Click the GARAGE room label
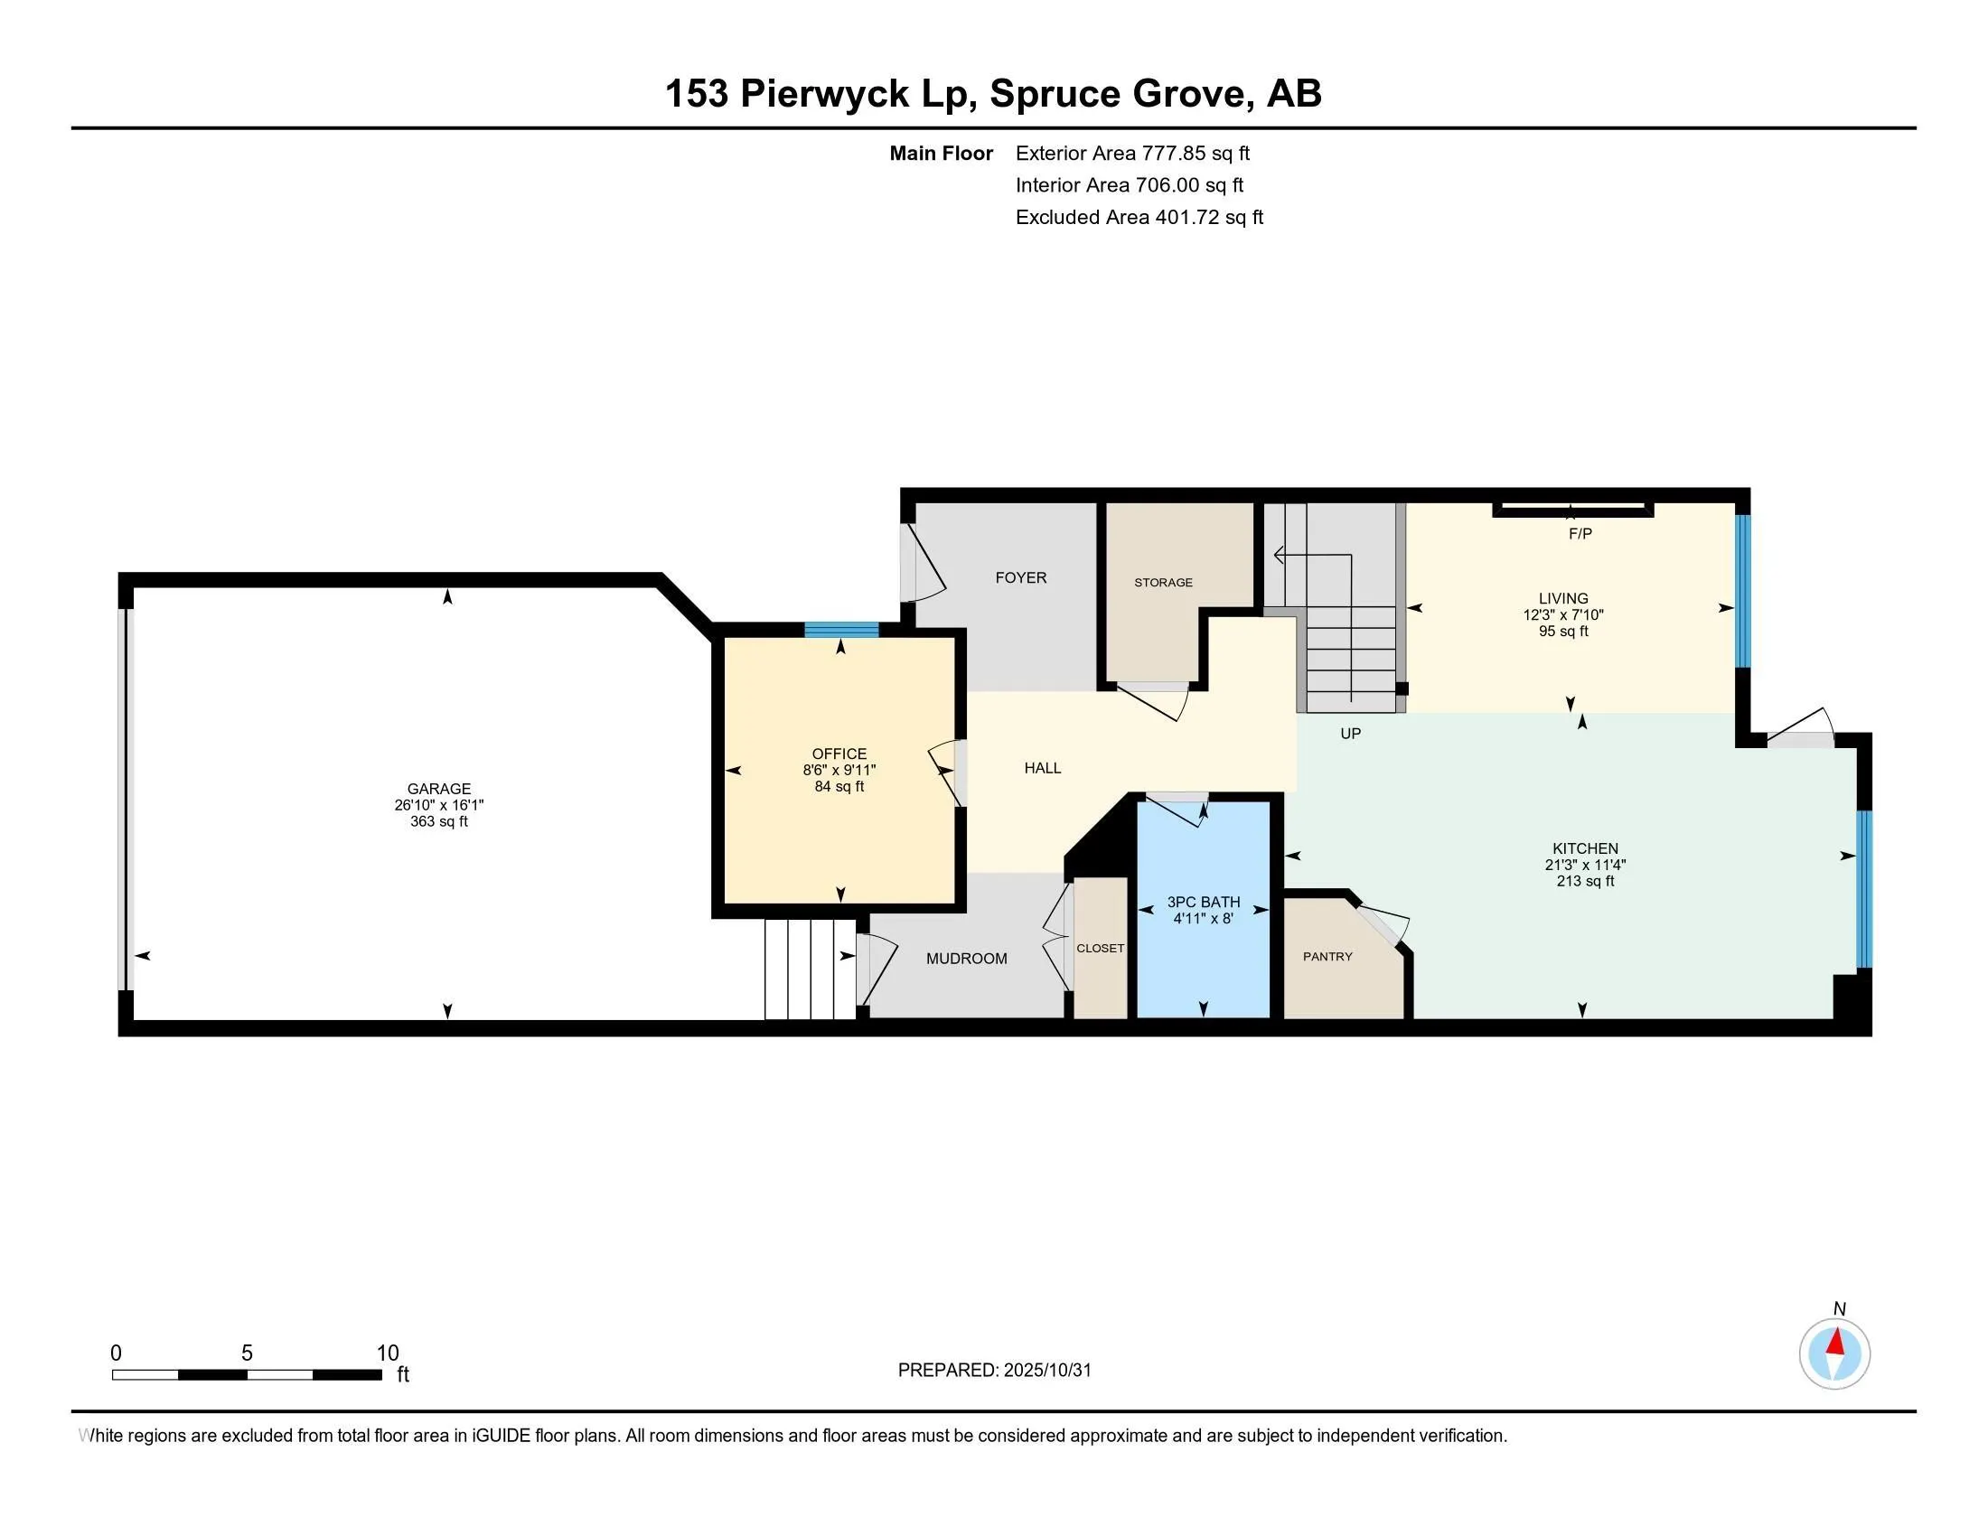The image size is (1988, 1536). click(439, 789)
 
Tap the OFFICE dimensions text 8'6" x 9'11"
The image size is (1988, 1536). click(839, 770)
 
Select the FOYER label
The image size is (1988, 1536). click(1020, 578)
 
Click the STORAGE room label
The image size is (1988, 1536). click(1162, 583)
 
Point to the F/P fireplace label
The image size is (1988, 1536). click(1580, 534)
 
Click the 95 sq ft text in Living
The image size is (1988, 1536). click(1563, 632)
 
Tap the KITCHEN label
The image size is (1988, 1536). click(1585, 848)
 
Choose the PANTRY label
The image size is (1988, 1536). click(1327, 956)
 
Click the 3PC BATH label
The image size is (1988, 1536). click(1204, 902)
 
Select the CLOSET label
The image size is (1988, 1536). click(1100, 948)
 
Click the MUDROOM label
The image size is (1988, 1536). click(966, 958)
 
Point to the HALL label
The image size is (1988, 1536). click(1042, 768)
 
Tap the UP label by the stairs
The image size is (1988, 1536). click(1350, 734)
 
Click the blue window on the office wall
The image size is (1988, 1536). click(841, 630)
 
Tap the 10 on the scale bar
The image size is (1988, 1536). click(388, 1353)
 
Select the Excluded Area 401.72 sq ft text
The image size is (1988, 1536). click(1139, 218)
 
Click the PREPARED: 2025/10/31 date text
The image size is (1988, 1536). click(994, 1371)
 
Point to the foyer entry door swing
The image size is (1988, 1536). click(924, 564)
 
